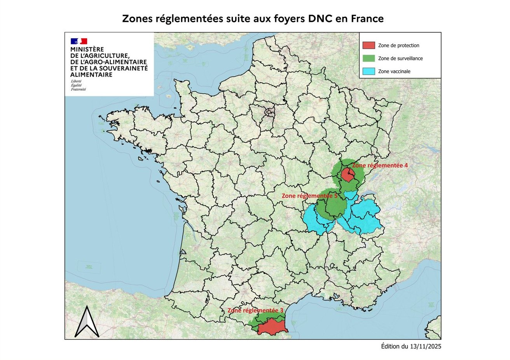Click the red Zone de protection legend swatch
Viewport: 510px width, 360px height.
(369, 45)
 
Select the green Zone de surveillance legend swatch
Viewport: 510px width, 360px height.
(369, 58)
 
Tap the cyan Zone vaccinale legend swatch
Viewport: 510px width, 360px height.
(369, 71)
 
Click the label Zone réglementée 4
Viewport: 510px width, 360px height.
(380, 165)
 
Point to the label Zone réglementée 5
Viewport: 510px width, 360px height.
(309, 196)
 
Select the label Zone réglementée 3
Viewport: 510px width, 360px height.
(255, 311)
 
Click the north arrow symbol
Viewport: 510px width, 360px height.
(87, 322)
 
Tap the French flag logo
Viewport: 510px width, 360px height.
(79, 41)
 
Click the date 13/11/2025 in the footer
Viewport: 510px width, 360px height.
(426, 346)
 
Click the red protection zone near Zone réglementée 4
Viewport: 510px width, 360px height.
(347, 175)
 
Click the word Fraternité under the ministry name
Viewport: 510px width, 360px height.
(78, 89)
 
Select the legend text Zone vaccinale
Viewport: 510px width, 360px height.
(394, 72)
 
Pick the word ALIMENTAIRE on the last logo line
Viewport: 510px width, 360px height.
(91, 75)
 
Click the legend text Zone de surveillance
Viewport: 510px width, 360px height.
(400, 58)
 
